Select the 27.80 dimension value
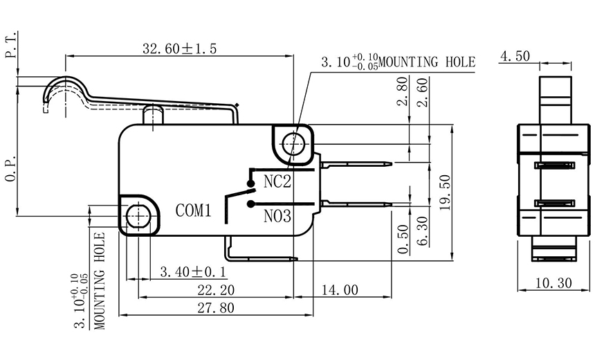(217, 308)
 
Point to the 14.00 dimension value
(340, 289)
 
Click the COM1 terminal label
(193, 210)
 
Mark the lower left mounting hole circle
(138, 215)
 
